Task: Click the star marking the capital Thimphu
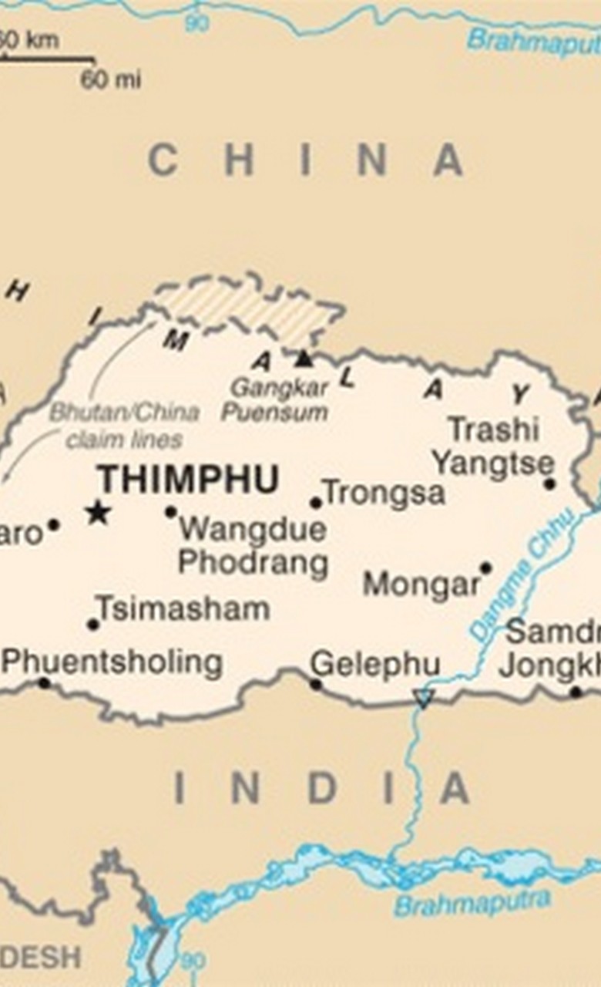[x=98, y=512]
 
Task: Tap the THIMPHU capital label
[x=187, y=480]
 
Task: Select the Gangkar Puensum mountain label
[x=275, y=400]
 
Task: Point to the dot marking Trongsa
[x=316, y=503]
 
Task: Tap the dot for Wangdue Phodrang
[x=170, y=511]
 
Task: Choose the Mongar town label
[x=421, y=585]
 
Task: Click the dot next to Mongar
[x=485, y=568]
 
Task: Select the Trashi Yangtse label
[x=493, y=446]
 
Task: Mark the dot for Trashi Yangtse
[x=549, y=484]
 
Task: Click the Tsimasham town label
[x=183, y=609]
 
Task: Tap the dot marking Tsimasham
[x=93, y=624]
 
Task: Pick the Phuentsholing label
[x=112, y=662]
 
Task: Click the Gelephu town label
[x=375, y=664]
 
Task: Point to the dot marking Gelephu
[x=316, y=683]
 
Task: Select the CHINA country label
[x=305, y=160]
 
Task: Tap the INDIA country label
[x=321, y=789]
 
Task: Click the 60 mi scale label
[x=111, y=79]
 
